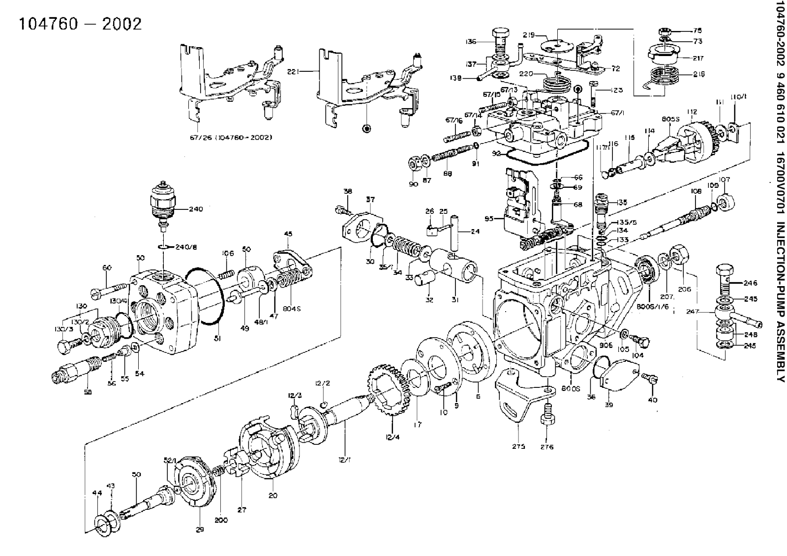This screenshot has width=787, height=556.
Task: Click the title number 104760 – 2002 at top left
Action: tap(80, 24)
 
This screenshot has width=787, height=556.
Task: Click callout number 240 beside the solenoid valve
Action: tap(195, 208)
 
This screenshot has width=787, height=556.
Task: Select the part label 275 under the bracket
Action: tap(518, 446)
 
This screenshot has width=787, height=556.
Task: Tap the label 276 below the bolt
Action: tap(547, 447)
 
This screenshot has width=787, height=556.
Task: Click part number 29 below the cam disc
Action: tap(199, 529)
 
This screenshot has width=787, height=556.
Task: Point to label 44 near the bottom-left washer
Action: tap(96, 492)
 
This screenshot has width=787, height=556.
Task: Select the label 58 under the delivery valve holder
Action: tap(88, 392)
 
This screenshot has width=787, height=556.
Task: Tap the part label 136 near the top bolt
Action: tap(471, 42)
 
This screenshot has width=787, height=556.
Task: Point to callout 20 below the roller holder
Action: tap(272, 496)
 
